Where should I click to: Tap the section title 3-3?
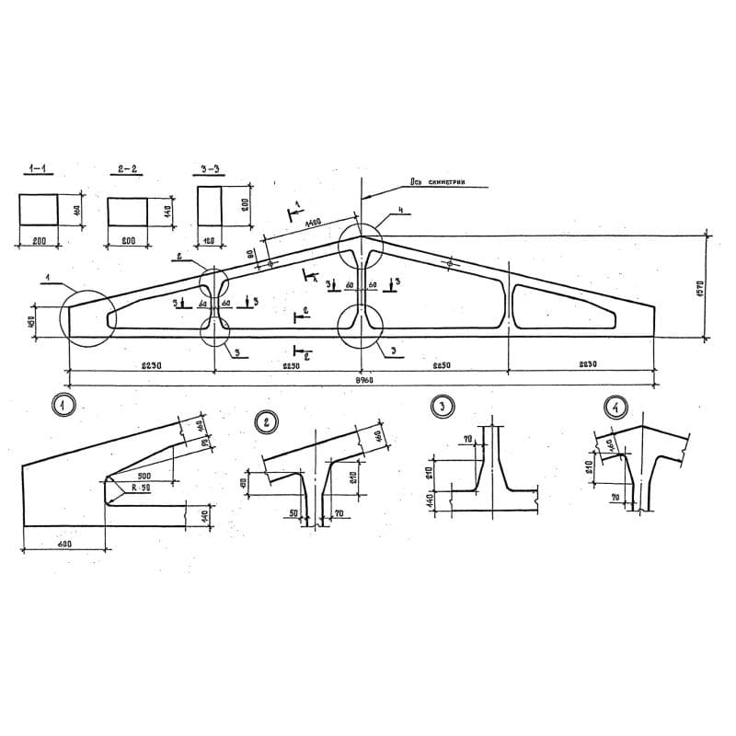coord(209,169)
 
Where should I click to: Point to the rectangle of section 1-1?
coord(39,209)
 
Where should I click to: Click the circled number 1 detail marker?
coord(63,405)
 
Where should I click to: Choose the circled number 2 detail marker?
coord(266,422)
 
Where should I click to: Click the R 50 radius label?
coord(139,490)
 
